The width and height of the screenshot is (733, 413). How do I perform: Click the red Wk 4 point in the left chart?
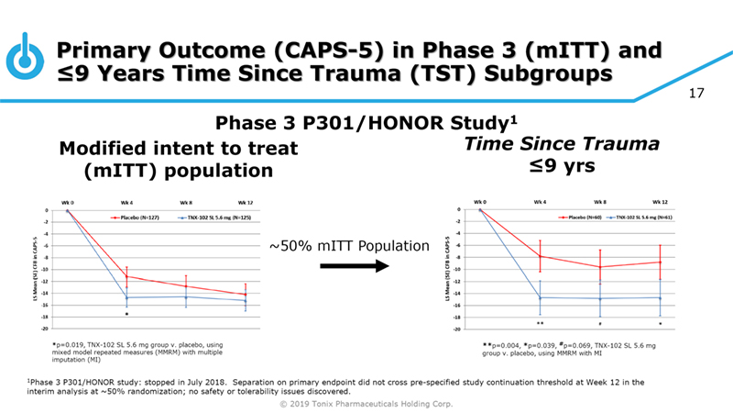[126, 276]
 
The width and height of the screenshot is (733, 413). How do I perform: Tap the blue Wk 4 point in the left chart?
[126, 297]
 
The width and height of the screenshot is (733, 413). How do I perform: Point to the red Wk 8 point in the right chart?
[600, 267]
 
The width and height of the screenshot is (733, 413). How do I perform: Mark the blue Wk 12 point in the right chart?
[660, 297]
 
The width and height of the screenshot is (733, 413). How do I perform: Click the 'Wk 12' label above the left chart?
[246, 201]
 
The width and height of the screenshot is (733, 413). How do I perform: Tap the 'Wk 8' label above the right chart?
[600, 200]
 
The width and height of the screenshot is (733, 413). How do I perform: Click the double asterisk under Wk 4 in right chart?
[541, 324]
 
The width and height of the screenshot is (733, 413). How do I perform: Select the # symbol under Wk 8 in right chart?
[600, 324]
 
